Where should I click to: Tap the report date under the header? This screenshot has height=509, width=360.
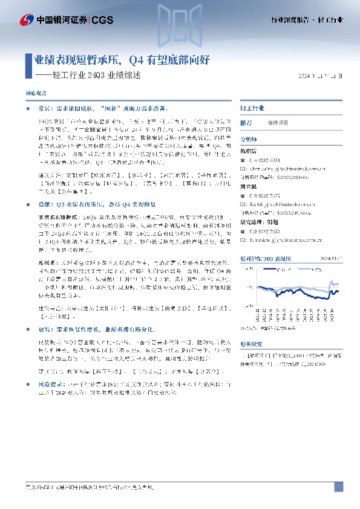pyautogui.click(x=324, y=76)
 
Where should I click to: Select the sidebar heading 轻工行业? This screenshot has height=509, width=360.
pyautogui.click(x=252, y=108)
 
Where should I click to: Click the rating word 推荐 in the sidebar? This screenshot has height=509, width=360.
pyautogui.click(x=246, y=123)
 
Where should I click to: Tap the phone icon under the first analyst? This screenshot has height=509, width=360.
pyautogui.click(x=243, y=160)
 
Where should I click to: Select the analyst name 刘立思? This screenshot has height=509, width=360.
pyautogui.click(x=249, y=187)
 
